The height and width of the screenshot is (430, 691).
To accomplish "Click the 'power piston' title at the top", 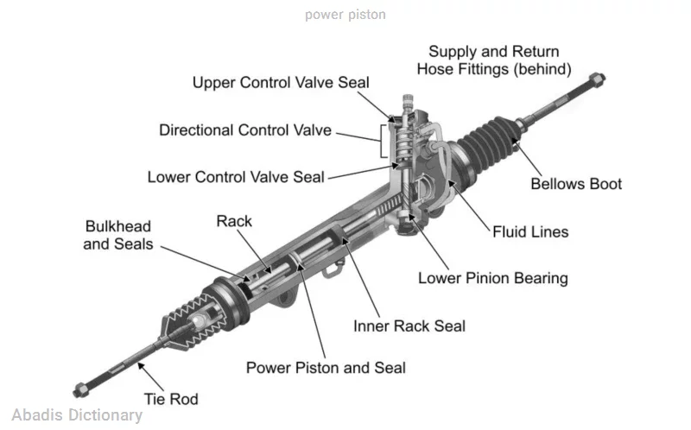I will pyautogui.click(x=345, y=15).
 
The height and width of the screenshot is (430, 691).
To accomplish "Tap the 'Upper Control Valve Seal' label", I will pyautogui.click(x=281, y=83).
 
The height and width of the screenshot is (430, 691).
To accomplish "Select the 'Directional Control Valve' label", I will pyautogui.click(x=245, y=130).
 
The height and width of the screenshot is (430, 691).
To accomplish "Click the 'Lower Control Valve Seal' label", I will pyautogui.click(x=236, y=177).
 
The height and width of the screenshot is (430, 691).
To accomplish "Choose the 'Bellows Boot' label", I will pyautogui.click(x=575, y=184).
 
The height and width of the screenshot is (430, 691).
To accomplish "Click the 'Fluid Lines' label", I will pyautogui.click(x=530, y=231).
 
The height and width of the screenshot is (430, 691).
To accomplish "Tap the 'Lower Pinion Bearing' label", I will pyautogui.click(x=492, y=278).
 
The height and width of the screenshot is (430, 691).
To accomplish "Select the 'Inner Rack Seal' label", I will pyautogui.click(x=409, y=326).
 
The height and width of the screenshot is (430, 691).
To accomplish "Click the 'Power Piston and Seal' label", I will pyautogui.click(x=326, y=367).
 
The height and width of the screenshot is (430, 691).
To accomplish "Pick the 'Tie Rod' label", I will pyautogui.click(x=170, y=398).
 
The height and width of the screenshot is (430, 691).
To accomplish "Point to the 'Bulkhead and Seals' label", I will pyautogui.click(x=118, y=235).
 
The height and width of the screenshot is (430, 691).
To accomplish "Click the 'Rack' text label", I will pyautogui.click(x=234, y=221).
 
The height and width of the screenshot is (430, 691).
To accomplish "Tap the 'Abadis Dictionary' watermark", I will pyautogui.click(x=78, y=415).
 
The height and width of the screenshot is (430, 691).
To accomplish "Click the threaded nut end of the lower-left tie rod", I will pyautogui.click(x=80, y=388).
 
